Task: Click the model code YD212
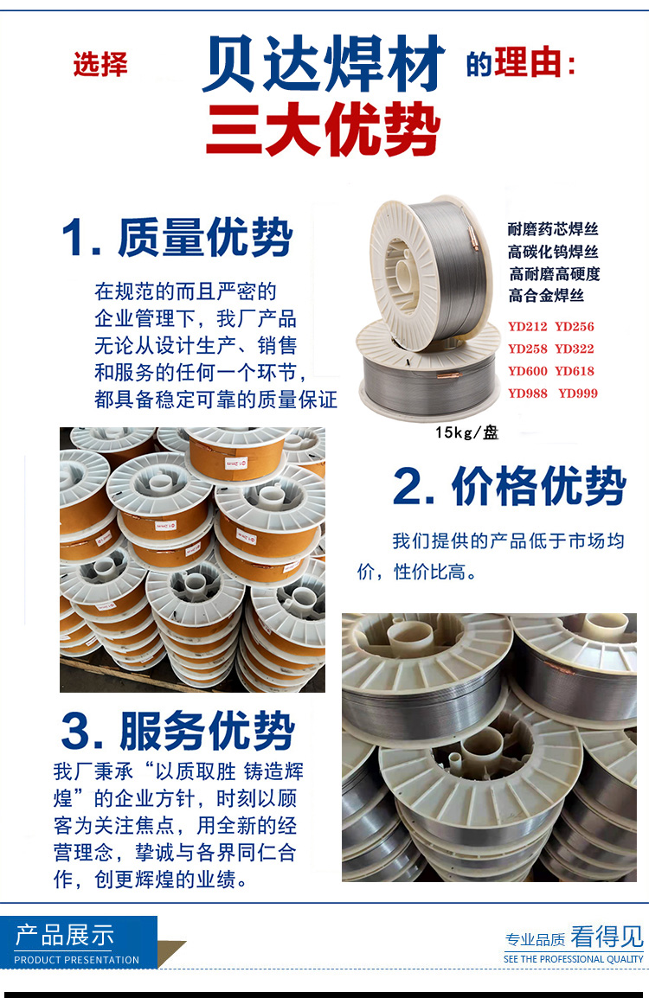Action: point(527,327)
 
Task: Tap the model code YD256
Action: point(574,327)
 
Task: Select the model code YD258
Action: point(527,349)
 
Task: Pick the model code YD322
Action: point(574,349)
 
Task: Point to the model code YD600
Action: point(527,371)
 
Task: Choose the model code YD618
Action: point(574,371)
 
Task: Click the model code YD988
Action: point(527,393)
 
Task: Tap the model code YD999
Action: point(578,393)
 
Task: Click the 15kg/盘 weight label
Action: point(466,432)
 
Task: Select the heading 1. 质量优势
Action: point(177,238)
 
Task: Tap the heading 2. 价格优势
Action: point(510,486)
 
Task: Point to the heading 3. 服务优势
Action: point(178,731)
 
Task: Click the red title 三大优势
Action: point(323,131)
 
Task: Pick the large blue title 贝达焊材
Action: point(323,64)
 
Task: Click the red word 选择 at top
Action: point(100,65)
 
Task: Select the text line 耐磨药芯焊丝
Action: point(553,229)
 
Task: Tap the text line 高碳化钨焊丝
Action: point(553,252)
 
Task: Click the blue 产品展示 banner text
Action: point(64,936)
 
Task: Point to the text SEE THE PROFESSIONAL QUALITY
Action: point(573,959)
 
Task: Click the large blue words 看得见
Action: point(607,937)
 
